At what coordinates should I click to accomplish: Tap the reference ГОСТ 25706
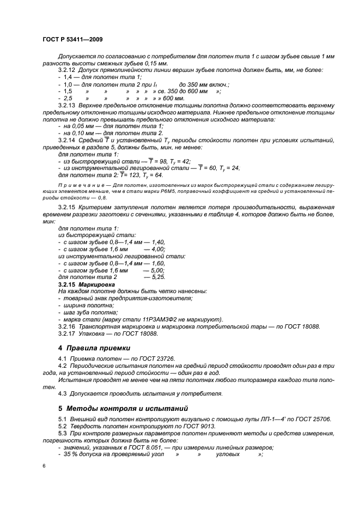tap(314, 418)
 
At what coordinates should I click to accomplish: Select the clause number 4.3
tap(64, 393)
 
